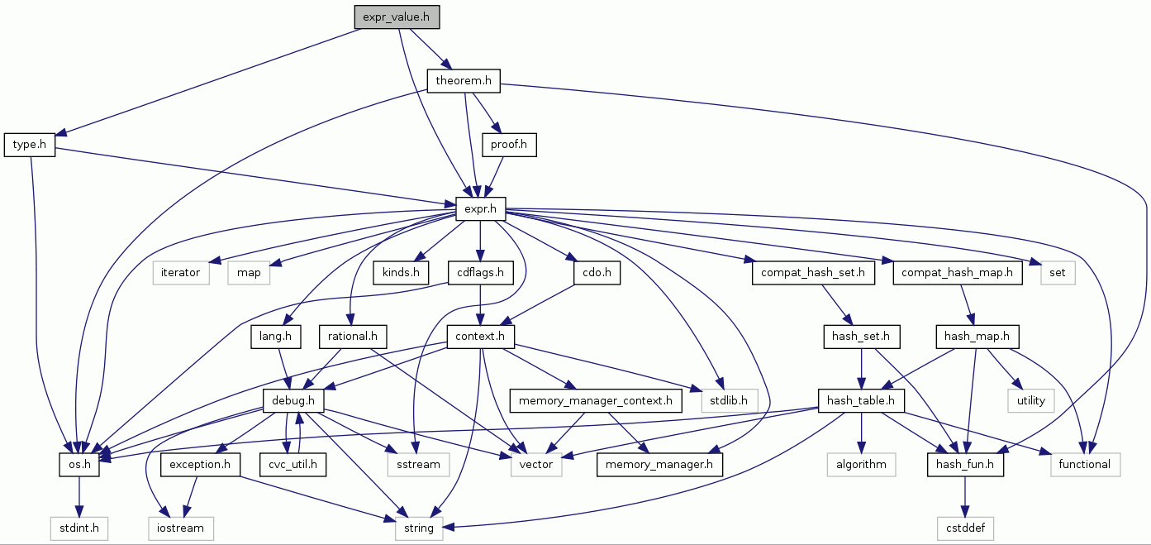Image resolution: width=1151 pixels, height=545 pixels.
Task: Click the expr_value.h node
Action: coord(397,17)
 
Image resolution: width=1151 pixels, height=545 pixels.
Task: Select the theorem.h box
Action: coord(464,81)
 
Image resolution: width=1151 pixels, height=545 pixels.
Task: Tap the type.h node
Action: coord(30,145)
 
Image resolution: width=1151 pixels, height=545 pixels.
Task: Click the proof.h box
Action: coord(509,145)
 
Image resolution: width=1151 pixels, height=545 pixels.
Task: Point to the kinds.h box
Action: coord(401,272)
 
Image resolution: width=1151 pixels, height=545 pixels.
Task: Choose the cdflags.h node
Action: coord(481,272)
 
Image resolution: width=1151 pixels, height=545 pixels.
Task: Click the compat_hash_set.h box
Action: coord(813,272)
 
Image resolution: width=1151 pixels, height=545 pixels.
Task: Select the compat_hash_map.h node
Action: coord(957,272)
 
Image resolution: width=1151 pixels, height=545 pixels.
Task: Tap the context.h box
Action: coord(480,337)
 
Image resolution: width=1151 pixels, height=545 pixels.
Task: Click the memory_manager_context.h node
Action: coord(596,401)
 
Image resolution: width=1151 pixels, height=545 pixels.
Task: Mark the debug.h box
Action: coord(293,401)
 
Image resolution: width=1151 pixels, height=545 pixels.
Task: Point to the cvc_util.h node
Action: coord(293,465)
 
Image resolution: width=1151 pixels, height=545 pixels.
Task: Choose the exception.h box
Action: coord(200,465)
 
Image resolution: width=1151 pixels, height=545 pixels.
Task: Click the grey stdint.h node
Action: coord(78,528)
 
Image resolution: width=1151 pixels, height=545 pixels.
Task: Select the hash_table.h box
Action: coord(861,401)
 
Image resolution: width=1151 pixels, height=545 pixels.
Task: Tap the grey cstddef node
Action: coord(966,528)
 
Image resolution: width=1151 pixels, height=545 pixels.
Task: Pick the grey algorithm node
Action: coord(861,465)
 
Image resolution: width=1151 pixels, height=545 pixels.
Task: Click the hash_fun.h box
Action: coord(966,465)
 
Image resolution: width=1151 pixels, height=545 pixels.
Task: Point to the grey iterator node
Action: coord(181,272)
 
